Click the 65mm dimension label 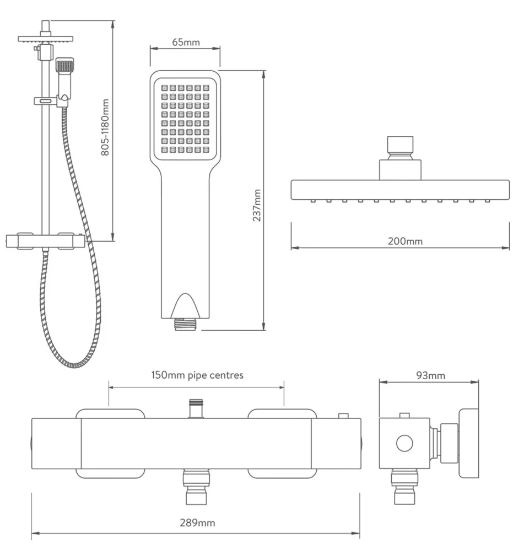[x=185, y=42]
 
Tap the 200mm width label [x=401, y=241]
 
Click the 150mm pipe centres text [x=197, y=375]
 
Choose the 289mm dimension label [x=197, y=523]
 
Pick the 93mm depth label [x=429, y=376]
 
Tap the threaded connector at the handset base [x=185, y=325]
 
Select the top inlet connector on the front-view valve [x=195, y=408]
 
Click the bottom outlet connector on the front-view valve [x=196, y=487]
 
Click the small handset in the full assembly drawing [x=64, y=77]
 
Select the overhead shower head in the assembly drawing [x=45, y=39]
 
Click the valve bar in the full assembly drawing [x=45, y=241]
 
